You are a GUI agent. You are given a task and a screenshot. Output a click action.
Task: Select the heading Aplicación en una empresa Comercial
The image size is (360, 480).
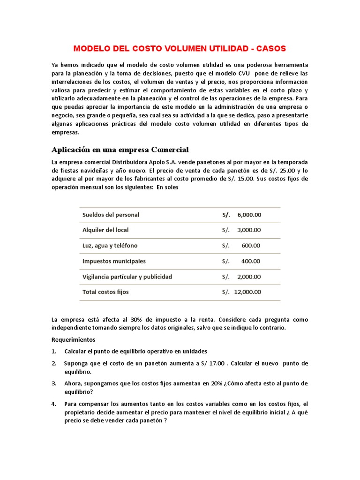120,150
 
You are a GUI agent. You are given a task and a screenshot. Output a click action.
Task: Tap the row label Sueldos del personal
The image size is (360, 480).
111,215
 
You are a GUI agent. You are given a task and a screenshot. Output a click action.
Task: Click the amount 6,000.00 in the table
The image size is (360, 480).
249,215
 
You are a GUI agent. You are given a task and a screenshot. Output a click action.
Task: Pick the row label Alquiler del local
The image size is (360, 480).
105,230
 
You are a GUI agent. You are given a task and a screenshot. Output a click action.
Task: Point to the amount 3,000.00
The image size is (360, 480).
249,230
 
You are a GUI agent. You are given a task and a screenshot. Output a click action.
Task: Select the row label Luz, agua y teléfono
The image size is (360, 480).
110,246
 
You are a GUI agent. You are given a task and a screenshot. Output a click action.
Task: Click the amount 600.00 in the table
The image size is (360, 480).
251,246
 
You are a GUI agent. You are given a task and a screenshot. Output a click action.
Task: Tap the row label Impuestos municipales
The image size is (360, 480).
114,261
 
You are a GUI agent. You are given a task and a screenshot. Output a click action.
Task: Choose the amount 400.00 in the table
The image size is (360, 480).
251,261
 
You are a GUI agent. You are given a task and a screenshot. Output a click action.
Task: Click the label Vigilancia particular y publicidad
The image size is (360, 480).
127,277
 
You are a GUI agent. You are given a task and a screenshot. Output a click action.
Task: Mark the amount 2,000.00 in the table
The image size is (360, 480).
249,277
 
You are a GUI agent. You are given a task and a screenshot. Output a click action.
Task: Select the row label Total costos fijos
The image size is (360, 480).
105,292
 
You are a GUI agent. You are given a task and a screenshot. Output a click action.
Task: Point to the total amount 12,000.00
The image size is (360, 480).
247,292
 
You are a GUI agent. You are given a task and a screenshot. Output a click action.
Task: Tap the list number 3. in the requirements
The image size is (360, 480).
54,383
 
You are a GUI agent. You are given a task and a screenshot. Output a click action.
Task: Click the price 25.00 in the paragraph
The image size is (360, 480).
289,171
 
